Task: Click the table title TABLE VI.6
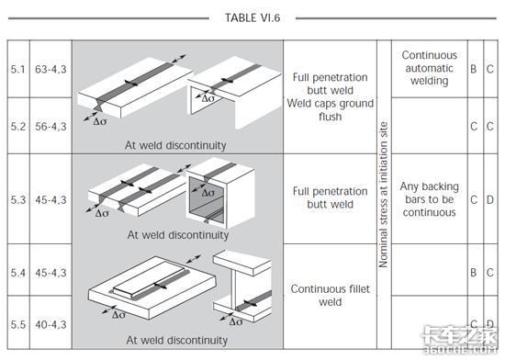(x=252, y=17)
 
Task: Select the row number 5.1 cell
(x=18, y=69)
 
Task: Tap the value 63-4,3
(x=50, y=69)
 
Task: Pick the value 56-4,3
(x=50, y=126)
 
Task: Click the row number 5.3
(x=18, y=199)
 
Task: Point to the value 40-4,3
(x=50, y=324)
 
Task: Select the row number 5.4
(x=18, y=273)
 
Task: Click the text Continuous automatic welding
(x=430, y=68)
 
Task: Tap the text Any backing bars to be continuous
(x=430, y=199)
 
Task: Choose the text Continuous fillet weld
(x=331, y=296)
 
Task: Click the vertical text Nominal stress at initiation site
(x=383, y=195)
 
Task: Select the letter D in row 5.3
(x=490, y=199)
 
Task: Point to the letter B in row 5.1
(x=473, y=69)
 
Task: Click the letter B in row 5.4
(x=473, y=273)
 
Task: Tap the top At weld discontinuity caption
(x=175, y=145)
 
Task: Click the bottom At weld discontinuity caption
(x=177, y=340)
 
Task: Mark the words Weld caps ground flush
(x=331, y=110)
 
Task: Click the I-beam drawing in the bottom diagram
(x=242, y=286)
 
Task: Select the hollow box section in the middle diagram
(x=220, y=193)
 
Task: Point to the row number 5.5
(x=18, y=324)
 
